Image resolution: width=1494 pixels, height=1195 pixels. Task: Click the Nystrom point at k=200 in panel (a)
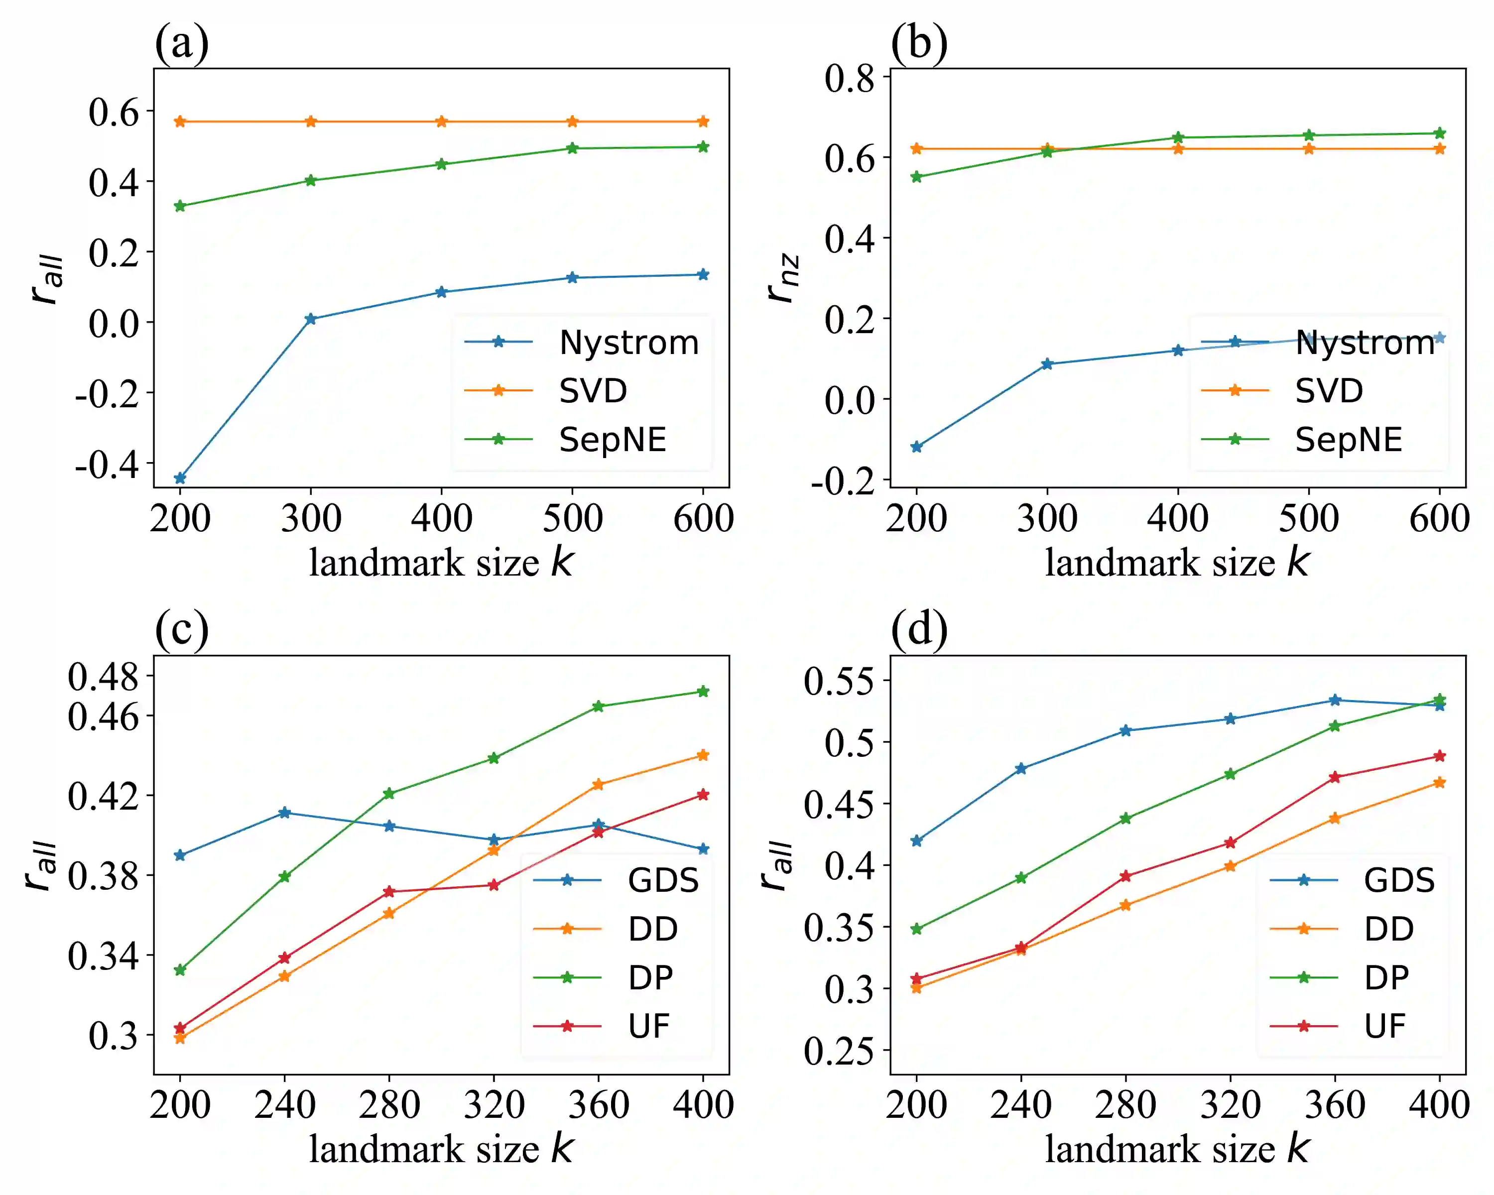[180, 478]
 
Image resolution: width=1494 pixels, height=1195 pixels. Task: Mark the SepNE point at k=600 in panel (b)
[1439, 133]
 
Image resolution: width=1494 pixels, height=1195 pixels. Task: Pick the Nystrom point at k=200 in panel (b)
[917, 447]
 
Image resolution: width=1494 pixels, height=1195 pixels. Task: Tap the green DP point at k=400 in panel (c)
[703, 692]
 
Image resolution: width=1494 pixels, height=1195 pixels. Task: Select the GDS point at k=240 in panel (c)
[284, 813]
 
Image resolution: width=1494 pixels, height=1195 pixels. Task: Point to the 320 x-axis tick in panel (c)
[494, 1105]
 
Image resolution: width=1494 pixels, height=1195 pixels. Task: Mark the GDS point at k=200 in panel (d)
[917, 841]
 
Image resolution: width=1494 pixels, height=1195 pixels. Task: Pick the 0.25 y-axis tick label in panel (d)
[839, 1051]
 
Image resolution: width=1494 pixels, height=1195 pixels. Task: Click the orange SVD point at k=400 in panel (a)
[441, 122]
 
